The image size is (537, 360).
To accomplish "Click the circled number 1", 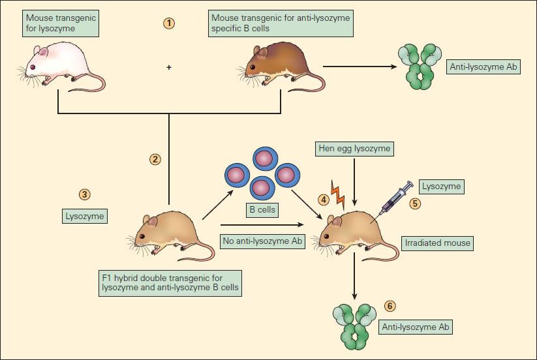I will point(169,23).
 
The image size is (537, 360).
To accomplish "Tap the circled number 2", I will point(155,159).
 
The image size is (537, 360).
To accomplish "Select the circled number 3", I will point(84,194).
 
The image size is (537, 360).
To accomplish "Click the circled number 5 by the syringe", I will point(414,203).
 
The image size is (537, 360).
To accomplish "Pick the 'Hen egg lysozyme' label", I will point(354,149).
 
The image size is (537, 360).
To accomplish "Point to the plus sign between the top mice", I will point(170,67).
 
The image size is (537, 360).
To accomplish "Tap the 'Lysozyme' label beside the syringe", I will point(442,187).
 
